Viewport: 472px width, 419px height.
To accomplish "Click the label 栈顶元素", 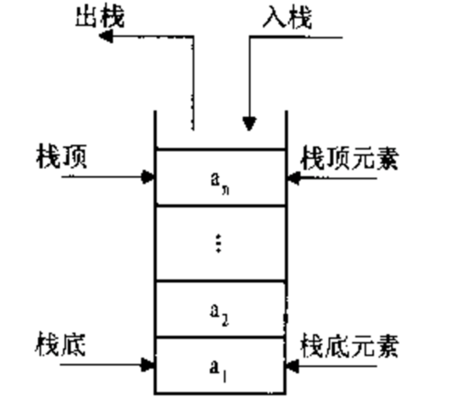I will tap(349, 159).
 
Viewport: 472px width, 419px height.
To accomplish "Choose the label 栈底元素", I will tap(349, 347).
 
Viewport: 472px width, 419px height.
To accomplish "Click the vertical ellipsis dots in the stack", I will tap(218, 243).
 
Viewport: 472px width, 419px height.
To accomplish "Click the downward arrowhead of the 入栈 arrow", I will tap(250, 124).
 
